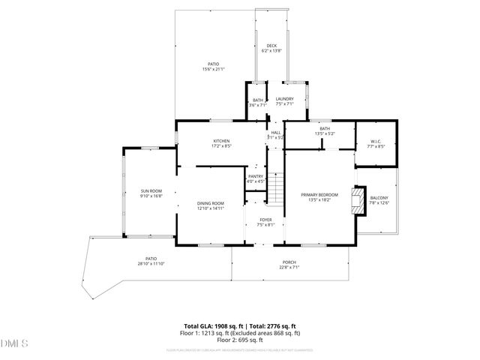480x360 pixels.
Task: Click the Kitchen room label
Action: click(x=221, y=141)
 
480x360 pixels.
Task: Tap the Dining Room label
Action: click(x=211, y=203)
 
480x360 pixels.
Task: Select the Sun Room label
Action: click(x=151, y=191)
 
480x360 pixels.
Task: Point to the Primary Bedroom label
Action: click(x=320, y=195)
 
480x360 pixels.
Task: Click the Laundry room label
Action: click(x=284, y=99)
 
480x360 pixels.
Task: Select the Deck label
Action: click(x=271, y=46)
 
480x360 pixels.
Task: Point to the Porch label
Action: click(x=289, y=262)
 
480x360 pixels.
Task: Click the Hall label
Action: click(x=276, y=133)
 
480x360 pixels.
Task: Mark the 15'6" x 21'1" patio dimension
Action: click(x=214, y=69)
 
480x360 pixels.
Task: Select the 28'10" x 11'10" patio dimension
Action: click(x=151, y=264)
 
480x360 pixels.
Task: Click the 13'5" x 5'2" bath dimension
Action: click(x=325, y=133)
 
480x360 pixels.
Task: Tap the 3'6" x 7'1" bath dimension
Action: click(x=257, y=105)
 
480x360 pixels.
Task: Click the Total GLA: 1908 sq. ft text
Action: click(x=214, y=325)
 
